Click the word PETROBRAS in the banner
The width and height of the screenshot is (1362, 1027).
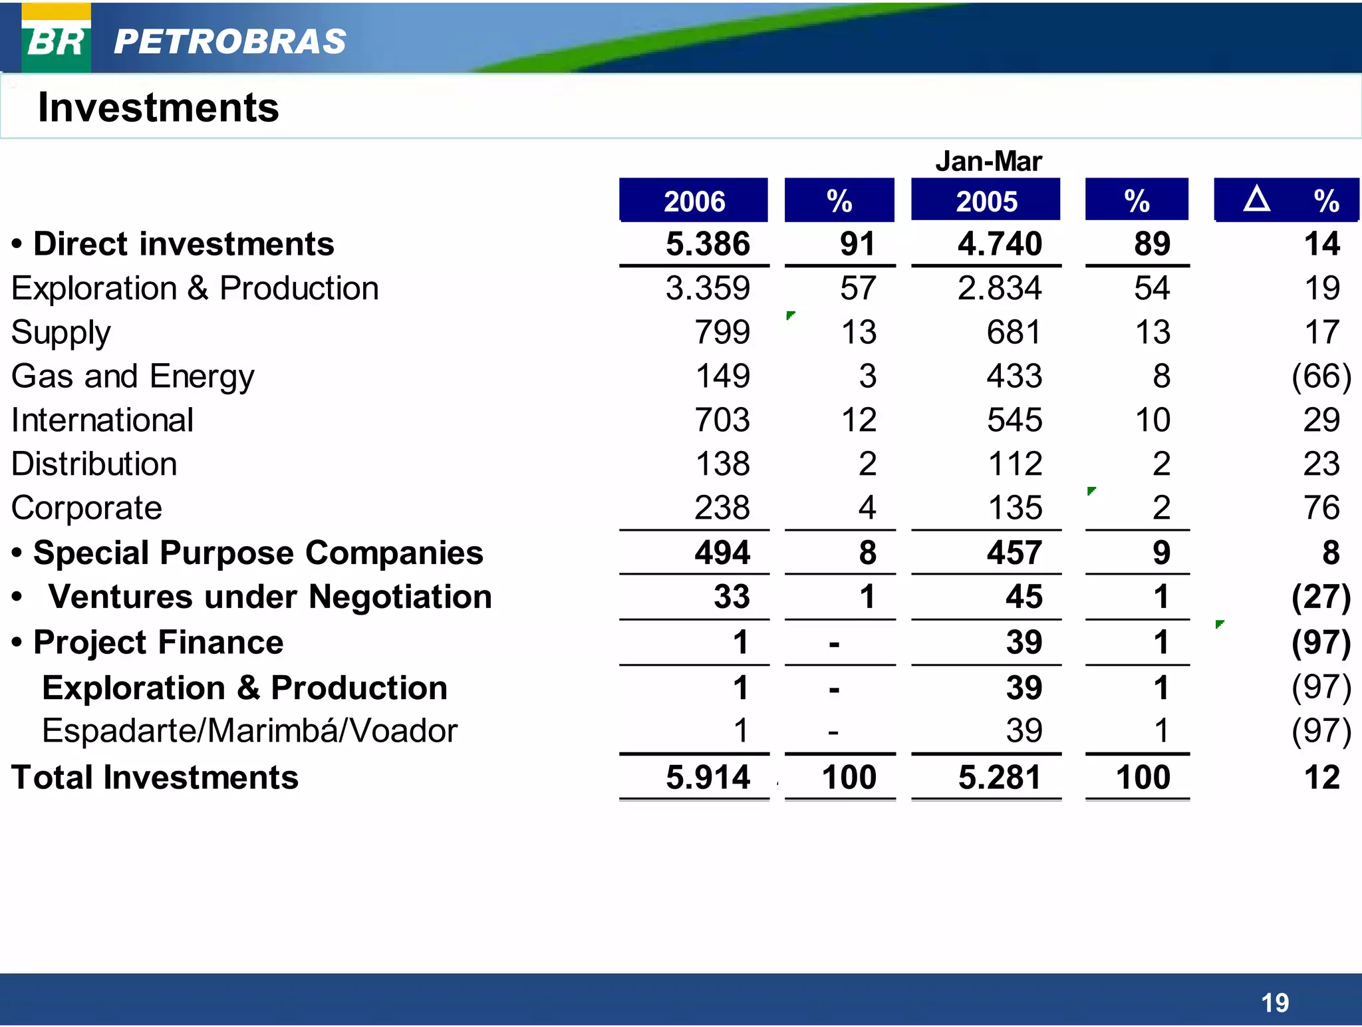point(229,41)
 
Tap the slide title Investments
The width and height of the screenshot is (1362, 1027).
point(158,108)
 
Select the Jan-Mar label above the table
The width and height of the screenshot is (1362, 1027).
point(988,162)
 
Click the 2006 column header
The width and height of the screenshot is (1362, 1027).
point(694,201)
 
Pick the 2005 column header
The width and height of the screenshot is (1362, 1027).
point(986,201)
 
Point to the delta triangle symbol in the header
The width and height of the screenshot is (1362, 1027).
point(1256,199)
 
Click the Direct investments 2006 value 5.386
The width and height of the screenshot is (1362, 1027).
point(708,243)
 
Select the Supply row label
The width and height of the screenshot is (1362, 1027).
point(61,332)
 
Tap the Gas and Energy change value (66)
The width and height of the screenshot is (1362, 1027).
point(1321,376)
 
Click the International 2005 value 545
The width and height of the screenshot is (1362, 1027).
point(1014,420)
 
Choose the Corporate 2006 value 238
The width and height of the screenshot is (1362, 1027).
point(722,508)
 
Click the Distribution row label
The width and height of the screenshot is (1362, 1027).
point(94,464)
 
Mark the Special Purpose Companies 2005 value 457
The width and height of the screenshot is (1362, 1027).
point(1014,553)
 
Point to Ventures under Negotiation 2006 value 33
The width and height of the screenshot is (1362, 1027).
point(732,597)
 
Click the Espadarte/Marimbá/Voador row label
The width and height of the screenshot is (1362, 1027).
point(249,731)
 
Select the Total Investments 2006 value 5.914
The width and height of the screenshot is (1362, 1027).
point(708,777)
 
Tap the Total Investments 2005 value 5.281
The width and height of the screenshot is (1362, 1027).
point(1000,777)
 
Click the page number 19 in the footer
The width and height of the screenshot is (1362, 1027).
point(1274,1002)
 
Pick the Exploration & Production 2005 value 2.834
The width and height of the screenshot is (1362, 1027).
point(1000,288)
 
